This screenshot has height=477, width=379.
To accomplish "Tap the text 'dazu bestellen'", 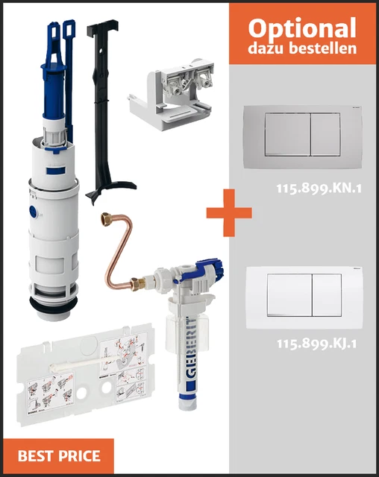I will click(x=302, y=49).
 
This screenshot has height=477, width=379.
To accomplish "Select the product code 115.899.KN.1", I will click(x=319, y=189).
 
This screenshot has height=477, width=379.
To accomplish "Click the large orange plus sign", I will click(x=229, y=212).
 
